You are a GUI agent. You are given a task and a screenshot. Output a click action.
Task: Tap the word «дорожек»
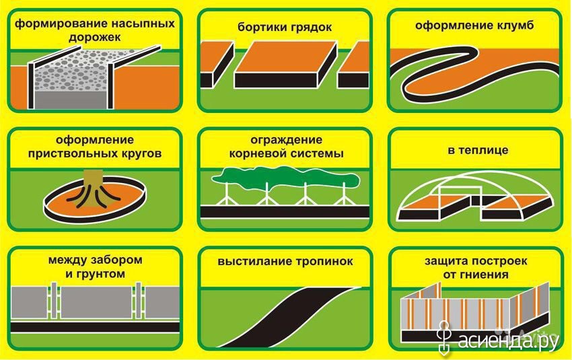point(94,38)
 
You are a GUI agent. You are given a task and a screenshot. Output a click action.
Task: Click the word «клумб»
point(514,25)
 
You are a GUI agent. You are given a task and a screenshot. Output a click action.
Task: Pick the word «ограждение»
point(287,140)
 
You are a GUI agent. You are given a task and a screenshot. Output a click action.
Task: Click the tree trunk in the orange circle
point(94,188)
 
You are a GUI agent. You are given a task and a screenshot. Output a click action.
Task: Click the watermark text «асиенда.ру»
point(507,340)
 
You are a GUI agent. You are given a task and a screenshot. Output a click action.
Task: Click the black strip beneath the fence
point(95,327)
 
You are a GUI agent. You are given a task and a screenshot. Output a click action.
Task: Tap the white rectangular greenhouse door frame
point(460,199)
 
